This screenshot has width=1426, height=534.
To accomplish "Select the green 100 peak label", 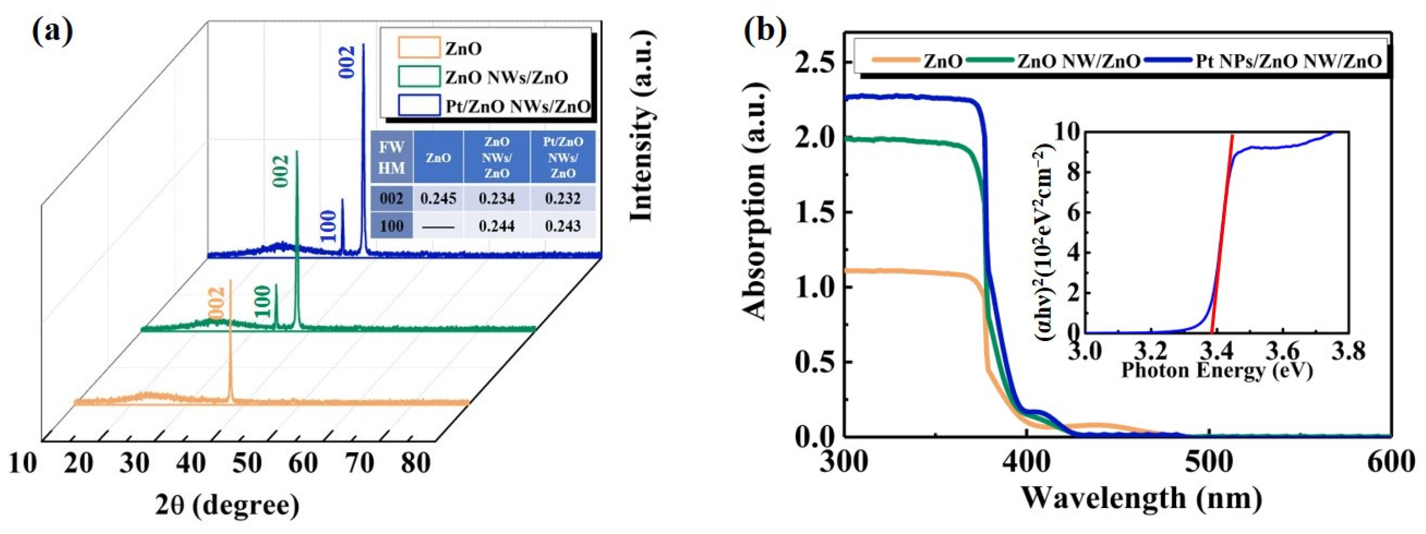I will (x=263, y=301).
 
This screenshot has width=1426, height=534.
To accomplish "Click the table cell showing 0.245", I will (x=438, y=199).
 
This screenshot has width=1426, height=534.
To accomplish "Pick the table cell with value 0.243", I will (x=562, y=226).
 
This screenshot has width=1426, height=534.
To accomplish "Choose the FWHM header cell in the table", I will (x=391, y=157).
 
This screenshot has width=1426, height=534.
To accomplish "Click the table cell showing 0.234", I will (x=497, y=199).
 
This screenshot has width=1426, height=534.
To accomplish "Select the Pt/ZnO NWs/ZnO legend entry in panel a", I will (x=518, y=106).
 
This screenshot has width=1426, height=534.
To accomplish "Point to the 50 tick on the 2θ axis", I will (x=246, y=463).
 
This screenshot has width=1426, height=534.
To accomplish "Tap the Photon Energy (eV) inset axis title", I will (x=1217, y=370).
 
